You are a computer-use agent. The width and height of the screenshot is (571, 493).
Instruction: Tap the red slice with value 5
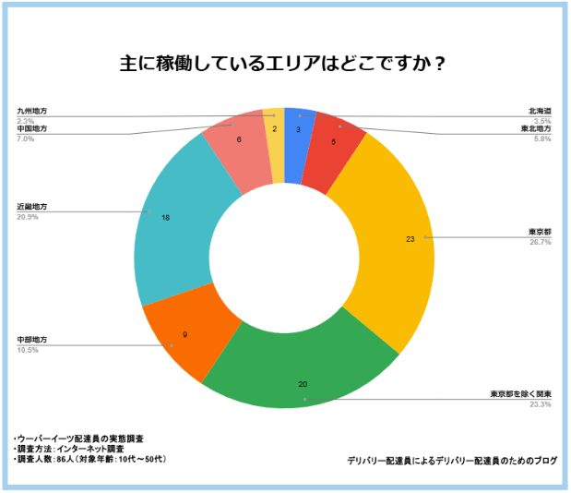[x=335, y=143]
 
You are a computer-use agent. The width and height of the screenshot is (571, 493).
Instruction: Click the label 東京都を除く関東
[x=520, y=394]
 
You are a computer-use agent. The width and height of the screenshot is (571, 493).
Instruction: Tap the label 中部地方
[x=31, y=340]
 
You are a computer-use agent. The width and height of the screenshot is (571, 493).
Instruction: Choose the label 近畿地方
[x=31, y=206]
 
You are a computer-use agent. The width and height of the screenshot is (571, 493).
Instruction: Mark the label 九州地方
[x=31, y=111]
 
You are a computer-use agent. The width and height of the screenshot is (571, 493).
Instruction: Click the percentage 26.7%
[x=541, y=242]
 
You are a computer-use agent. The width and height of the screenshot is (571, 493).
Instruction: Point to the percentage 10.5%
[x=28, y=351]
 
